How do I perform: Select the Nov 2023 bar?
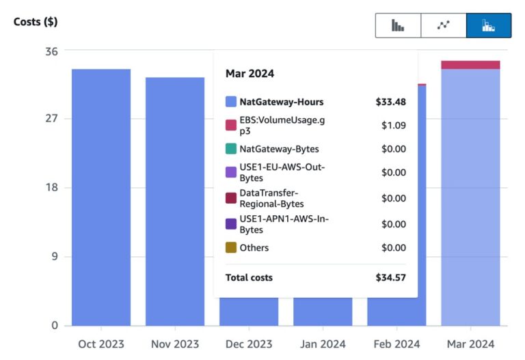(174, 201)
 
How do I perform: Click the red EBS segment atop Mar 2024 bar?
(470, 65)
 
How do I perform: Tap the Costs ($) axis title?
(36, 21)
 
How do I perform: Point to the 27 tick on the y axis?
(51, 119)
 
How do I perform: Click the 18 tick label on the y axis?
(51, 188)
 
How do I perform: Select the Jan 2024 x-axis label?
(323, 344)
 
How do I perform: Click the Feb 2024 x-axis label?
(396, 344)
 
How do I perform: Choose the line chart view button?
(444, 25)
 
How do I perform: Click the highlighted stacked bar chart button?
(488, 25)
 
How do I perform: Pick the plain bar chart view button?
(398, 25)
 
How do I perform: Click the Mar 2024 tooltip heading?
(250, 74)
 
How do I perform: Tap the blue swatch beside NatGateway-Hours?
(231, 102)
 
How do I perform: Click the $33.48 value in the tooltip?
(390, 102)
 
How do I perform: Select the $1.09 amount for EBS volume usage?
(393, 126)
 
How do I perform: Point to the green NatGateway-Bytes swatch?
(231, 149)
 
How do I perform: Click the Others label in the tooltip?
(254, 248)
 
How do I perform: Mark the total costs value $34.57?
(390, 277)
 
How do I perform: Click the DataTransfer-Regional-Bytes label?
(271, 198)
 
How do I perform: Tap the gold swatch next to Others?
(231, 248)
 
